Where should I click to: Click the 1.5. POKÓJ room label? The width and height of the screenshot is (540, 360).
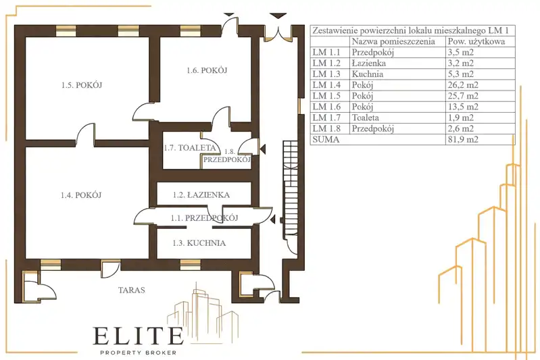82,85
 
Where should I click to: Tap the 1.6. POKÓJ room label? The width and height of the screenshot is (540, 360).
207,70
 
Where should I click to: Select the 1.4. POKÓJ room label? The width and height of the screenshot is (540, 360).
81,195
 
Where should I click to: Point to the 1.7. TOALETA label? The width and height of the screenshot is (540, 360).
190,148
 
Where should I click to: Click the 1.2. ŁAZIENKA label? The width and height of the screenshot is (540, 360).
201,195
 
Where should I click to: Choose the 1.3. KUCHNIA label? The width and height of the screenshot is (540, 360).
199,243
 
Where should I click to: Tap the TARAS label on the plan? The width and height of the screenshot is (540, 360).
132,290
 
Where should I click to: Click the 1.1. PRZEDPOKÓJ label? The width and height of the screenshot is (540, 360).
205,218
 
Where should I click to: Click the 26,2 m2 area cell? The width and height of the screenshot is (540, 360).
462,85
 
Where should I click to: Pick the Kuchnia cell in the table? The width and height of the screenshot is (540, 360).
367,74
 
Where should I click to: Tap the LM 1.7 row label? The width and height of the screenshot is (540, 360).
326,118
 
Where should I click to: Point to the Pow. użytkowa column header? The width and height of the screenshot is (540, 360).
476,42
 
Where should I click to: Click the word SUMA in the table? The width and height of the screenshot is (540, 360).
326,139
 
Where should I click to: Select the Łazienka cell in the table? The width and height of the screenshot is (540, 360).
368,63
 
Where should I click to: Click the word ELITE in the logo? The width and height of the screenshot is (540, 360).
138,336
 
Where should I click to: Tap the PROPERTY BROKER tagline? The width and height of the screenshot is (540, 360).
138,353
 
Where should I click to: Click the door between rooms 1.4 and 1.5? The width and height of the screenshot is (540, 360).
85,135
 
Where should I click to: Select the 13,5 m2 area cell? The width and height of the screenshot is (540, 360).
462,107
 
